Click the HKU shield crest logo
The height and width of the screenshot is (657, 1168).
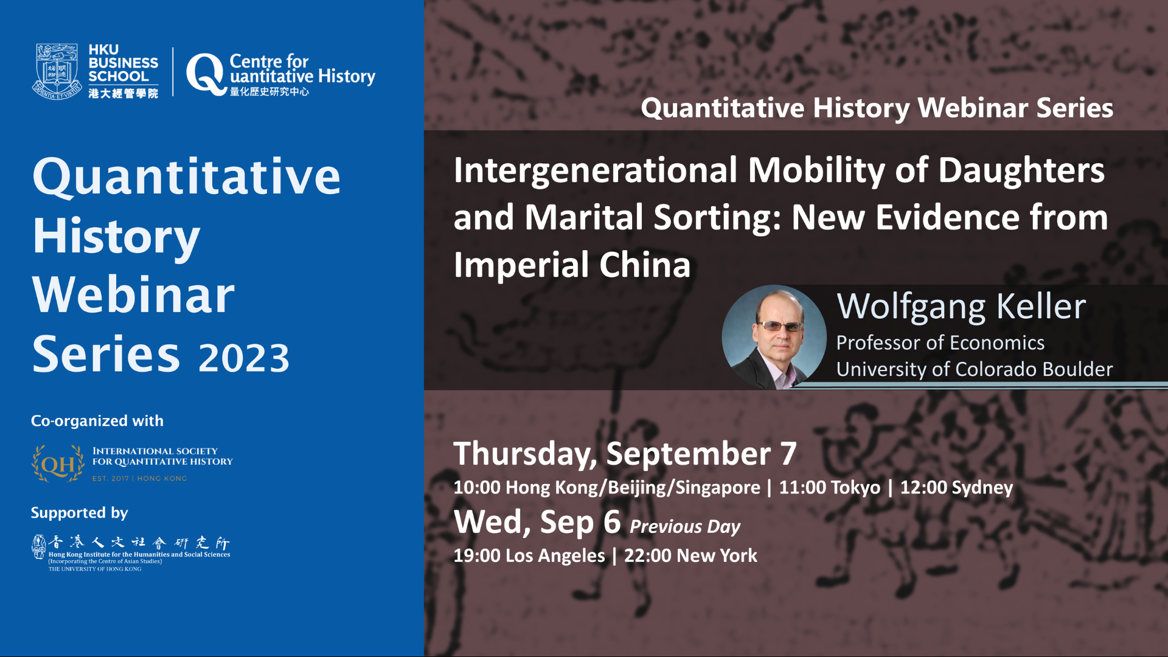point(57,71)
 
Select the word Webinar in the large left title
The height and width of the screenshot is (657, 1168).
point(133,295)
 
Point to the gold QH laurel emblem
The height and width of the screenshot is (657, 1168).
point(58,464)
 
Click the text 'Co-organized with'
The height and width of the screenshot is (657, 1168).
point(97,421)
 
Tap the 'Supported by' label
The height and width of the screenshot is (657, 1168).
point(80,513)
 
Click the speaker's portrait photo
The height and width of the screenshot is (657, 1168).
point(774,337)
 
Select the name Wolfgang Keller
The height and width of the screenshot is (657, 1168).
point(961,306)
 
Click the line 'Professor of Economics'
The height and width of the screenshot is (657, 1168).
point(940,343)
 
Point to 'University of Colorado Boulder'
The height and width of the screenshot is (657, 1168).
point(975,369)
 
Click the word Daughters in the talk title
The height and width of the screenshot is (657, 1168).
point(1021,171)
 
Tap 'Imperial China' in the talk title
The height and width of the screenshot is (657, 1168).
point(572,265)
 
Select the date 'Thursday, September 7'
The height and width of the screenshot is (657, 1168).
point(625,454)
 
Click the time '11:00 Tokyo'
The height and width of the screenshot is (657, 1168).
point(830,487)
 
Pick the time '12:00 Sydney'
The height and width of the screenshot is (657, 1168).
point(957,488)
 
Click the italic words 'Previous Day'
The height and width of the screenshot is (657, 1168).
point(685,527)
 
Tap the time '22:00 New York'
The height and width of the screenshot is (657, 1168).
point(690,555)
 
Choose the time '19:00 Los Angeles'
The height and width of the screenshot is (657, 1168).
point(529,556)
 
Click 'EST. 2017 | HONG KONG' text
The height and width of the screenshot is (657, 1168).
point(140,479)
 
